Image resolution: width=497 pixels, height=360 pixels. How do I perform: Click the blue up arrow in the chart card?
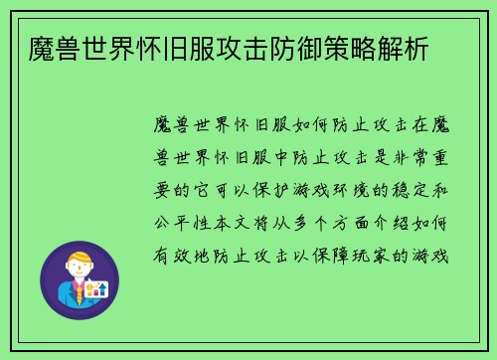pyautogui.click(x=103, y=288)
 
